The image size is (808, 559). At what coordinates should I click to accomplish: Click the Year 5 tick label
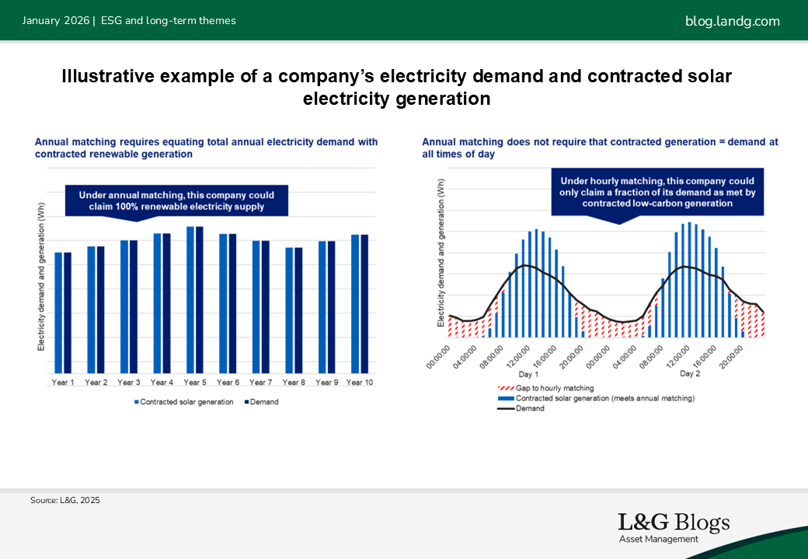click(194, 383)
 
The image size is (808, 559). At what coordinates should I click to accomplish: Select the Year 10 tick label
click(360, 383)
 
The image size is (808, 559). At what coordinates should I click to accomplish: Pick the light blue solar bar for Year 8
click(289, 310)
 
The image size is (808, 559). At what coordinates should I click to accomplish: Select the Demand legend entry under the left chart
click(262, 402)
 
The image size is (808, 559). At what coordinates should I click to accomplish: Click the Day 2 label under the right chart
click(690, 373)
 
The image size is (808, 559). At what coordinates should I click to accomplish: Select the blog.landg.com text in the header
click(732, 21)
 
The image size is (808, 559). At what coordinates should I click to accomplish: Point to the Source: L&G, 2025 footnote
click(65, 501)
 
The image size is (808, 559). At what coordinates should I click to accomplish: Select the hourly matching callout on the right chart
click(659, 191)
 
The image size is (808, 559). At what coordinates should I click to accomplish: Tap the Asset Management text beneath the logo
click(658, 540)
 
